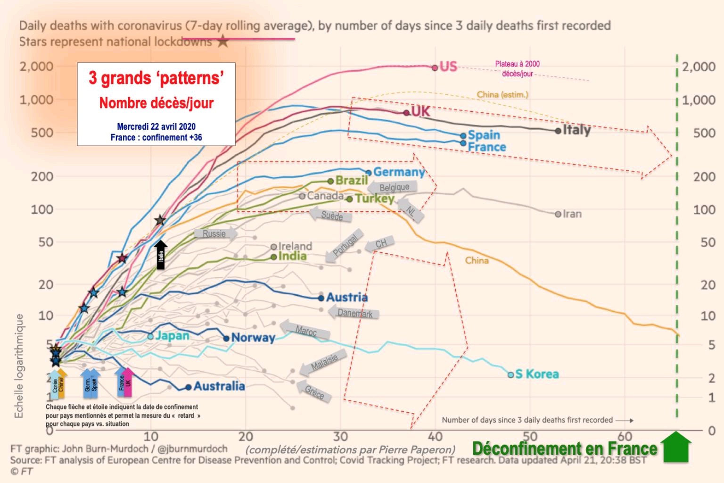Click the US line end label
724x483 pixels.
coord(448,67)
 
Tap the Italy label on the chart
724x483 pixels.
coord(576,130)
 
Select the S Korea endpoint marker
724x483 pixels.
coord(510,375)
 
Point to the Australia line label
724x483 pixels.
coord(219,386)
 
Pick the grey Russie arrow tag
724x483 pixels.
coord(213,234)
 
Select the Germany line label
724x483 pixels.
coord(399,172)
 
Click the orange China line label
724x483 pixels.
coord(477,260)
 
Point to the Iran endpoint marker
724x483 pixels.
coord(558,214)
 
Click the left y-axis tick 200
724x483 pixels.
coord(42,176)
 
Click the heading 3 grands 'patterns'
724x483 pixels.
coord(156,78)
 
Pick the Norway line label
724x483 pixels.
coord(253,338)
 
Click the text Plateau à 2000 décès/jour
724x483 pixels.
coord(517,69)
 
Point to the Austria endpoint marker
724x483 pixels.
coord(321,298)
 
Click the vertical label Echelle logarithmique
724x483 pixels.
coord(19,366)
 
